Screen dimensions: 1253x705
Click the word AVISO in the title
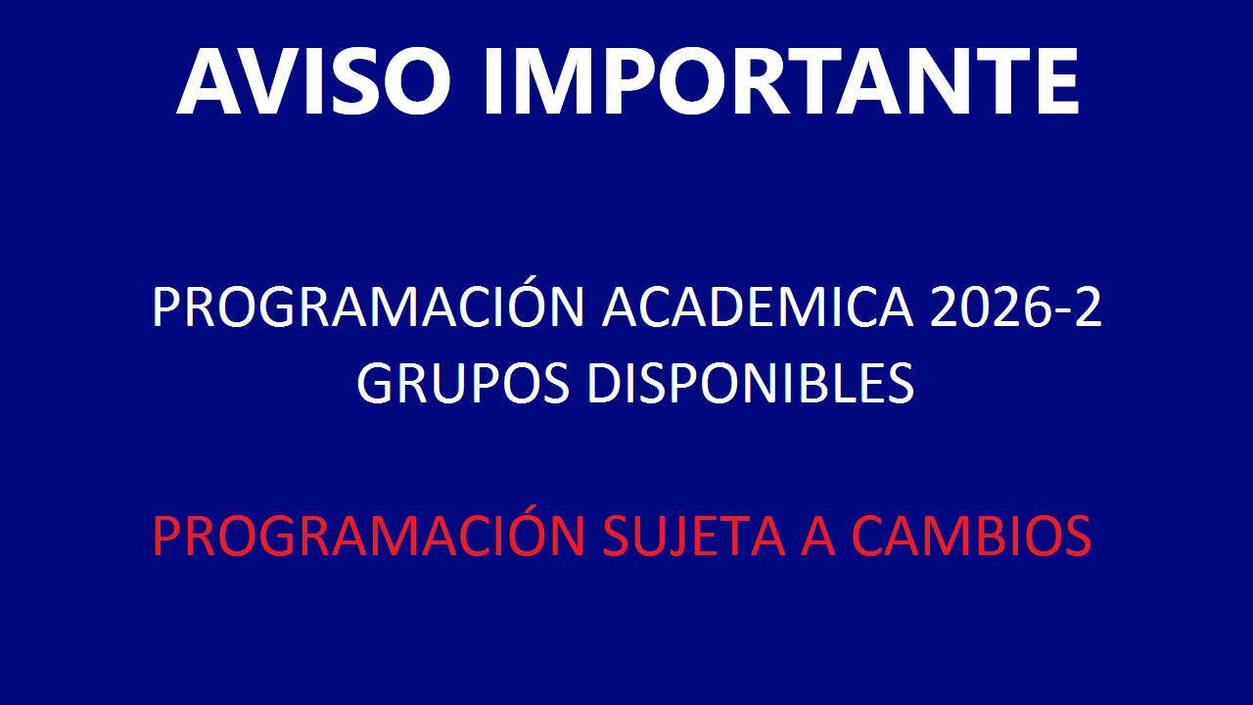[313, 81]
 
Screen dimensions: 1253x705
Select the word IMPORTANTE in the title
[781, 81]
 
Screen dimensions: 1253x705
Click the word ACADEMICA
[758, 306]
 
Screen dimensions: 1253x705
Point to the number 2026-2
[1016, 306]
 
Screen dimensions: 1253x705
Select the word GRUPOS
[463, 383]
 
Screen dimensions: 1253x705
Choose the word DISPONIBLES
[751, 383]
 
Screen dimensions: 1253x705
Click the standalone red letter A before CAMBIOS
[818, 536]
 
